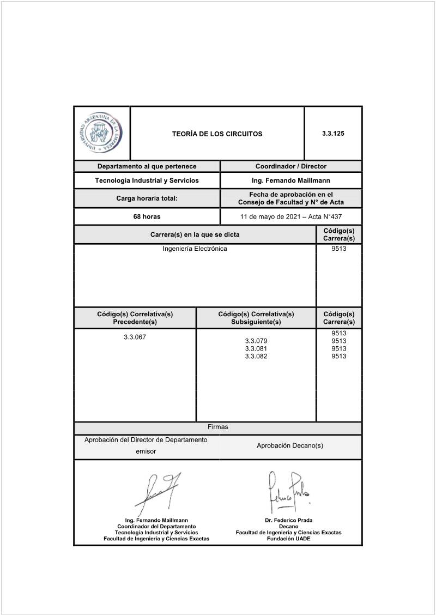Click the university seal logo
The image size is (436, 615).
[101, 134]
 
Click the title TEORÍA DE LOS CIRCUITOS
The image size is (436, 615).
[217, 134]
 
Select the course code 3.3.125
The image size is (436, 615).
[333, 133]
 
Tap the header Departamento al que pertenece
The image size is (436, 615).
[147, 166]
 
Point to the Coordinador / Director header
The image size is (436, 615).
[291, 166]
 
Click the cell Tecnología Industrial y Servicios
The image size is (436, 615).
[147, 180]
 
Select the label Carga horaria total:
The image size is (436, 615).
[147, 198]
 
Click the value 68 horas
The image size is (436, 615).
[147, 216]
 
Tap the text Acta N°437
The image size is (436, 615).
[325, 216]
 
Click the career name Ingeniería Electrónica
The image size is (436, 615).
[195, 249]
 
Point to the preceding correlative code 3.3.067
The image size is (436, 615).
[135, 337]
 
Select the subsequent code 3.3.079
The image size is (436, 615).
[256, 341]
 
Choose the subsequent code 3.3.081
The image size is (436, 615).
[256, 348]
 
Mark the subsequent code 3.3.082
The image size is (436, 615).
[256, 356]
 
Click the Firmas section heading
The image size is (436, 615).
[217, 427]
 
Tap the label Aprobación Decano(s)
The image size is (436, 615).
[290, 445]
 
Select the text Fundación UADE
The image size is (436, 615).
[288, 539]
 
